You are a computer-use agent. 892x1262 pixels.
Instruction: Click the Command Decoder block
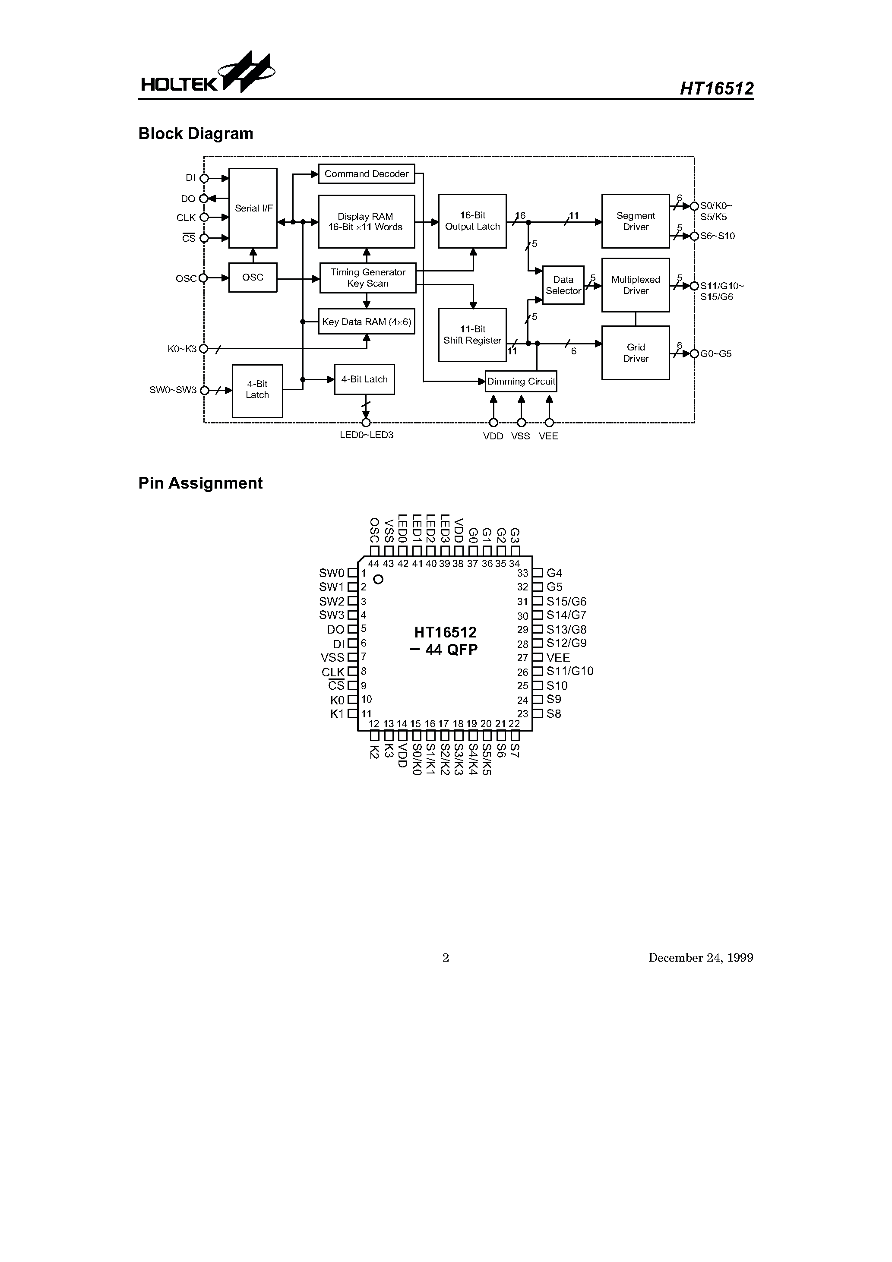click(x=366, y=174)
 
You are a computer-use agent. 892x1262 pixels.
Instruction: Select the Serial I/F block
click(x=253, y=208)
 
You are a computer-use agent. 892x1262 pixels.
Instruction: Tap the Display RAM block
click(x=366, y=221)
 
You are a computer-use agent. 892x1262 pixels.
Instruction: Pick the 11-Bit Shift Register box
click(x=472, y=335)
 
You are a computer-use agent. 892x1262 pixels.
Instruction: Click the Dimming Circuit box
click(x=521, y=382)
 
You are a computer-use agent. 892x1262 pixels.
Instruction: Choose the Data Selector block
click(x=563, y=285)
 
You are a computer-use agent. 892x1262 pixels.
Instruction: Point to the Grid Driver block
click(x=635, y=353)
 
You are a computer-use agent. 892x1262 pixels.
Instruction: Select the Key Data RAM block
click(x=366, y=322)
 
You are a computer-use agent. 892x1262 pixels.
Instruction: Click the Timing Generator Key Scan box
click(x=368, y=278)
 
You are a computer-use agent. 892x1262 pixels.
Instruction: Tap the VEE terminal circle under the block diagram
click(x=549, y=423)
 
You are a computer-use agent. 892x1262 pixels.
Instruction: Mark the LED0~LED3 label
click(x=366, y=435)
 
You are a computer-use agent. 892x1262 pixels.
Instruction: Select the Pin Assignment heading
click(x=200, y=483)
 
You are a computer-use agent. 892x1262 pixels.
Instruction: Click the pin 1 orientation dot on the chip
click(x=378, y=579)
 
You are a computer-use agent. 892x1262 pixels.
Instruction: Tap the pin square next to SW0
click(x=352, y=573)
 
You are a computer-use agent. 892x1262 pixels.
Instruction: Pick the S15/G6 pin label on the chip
click(x=566, y=601)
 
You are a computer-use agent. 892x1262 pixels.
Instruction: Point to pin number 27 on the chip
click(x=522, y=658)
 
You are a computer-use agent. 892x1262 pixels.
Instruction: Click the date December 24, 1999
click(x=701, y=957)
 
